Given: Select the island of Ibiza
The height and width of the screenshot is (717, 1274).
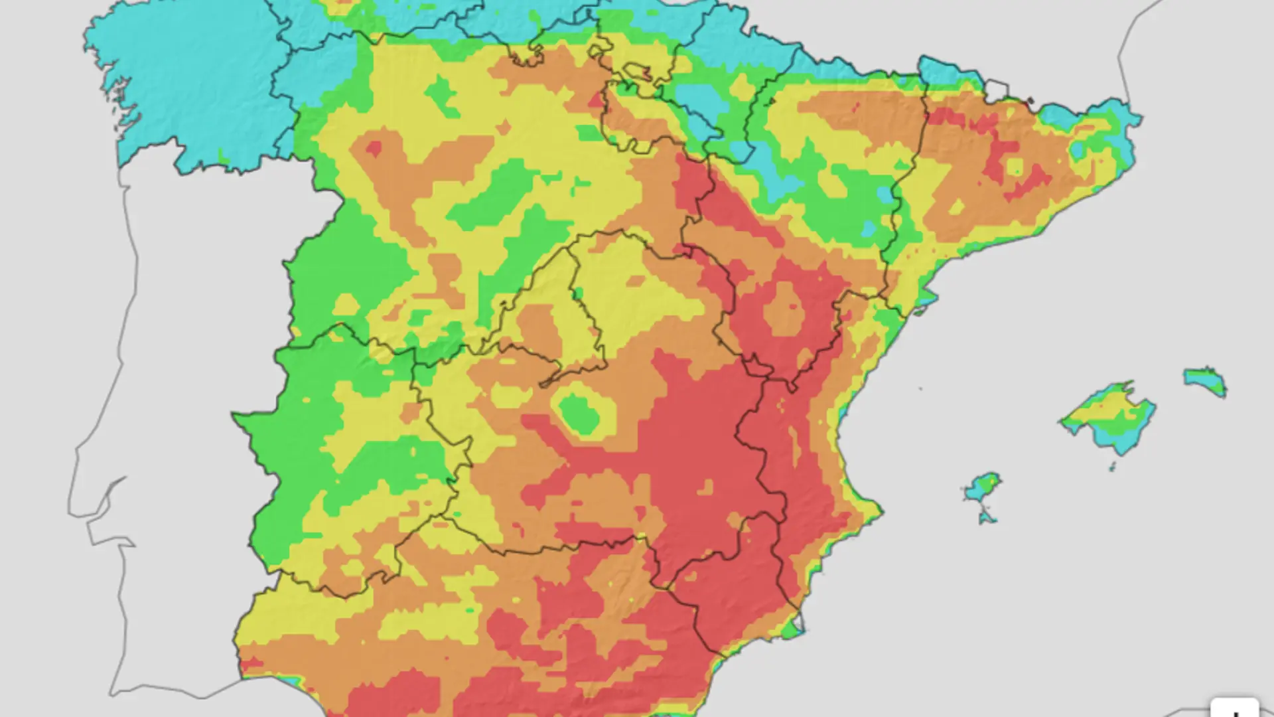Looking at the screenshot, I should click(982, 488).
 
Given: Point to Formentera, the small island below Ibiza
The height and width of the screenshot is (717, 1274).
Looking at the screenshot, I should click(987, 516).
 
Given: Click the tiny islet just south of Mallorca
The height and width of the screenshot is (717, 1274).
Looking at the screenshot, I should click(1112, 467).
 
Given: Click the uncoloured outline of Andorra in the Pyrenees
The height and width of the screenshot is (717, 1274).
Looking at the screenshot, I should click(995, 89).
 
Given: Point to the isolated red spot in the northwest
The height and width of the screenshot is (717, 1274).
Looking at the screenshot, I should click(374, 148).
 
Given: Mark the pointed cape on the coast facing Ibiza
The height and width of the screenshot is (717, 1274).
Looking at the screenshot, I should click(876, 511).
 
